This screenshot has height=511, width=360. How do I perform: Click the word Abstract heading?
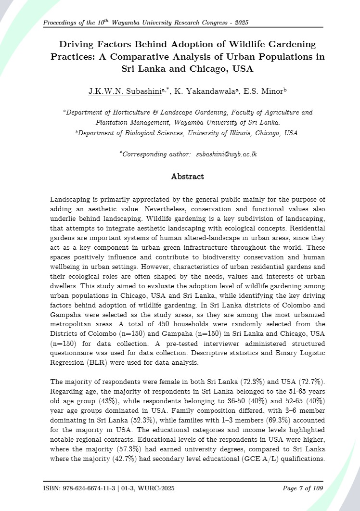tap(187, 177)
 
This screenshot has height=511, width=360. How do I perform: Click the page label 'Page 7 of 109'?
tap(303, 489)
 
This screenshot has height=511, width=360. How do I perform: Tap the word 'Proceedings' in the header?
tap(61, 23)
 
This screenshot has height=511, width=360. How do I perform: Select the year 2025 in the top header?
tap(241, 23)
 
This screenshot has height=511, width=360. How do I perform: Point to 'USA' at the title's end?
tap(243, 69)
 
